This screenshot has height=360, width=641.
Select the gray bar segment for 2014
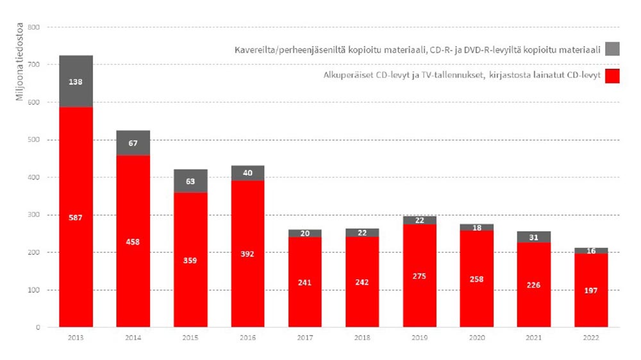(133, 143)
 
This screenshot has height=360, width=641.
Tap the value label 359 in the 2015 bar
(190, 261)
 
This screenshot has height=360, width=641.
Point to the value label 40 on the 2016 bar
(247, 173)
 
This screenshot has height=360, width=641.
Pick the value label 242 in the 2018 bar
(362, 282)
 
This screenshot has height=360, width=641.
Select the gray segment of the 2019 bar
(419, 220)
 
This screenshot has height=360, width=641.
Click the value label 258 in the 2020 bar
(476, 279)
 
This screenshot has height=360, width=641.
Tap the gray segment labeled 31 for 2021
(533, 238)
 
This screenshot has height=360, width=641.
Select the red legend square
(612, 76)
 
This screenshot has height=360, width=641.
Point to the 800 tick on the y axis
(34, 28)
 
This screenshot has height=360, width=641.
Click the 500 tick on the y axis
(34, 140)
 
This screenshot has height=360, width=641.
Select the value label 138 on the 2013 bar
(76, 82)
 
